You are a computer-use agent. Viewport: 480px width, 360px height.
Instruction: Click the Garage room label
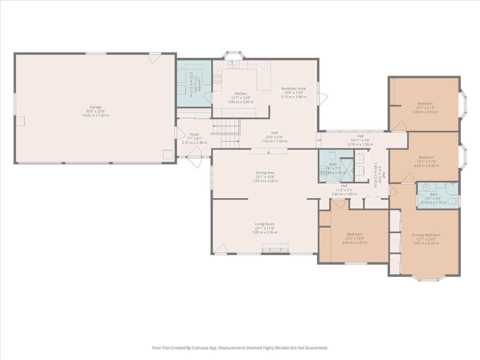[x=95, y=107]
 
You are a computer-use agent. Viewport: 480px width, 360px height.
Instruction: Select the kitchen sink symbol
[x=232, y=64]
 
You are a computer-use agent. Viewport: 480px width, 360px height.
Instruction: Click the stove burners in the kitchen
[x=217, y=79]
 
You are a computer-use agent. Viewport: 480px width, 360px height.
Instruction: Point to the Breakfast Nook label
[x=293, y=88]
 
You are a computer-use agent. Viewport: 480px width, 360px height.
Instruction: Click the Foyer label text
[x=194, y=134]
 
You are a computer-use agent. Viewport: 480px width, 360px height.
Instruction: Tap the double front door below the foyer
[x=194, y=160]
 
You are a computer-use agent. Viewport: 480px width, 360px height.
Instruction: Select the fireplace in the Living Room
[x=275, y=248]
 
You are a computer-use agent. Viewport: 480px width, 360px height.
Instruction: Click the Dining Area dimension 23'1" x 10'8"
[x=265, y=177]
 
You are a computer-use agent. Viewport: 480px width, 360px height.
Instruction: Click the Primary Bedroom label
[x=426, y=235]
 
